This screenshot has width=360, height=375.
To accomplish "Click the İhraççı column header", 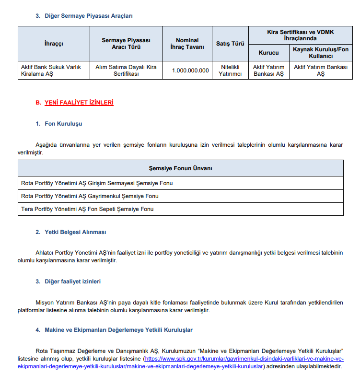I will pos(54,44).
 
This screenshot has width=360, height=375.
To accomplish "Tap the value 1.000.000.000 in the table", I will pos(191,70).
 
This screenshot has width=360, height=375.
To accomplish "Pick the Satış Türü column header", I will pos(230,44).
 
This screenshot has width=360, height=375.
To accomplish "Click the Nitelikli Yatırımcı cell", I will pos(230,70).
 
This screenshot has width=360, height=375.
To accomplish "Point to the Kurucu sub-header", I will pos(268,53).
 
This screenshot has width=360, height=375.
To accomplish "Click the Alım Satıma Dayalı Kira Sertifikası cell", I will pos(126,70).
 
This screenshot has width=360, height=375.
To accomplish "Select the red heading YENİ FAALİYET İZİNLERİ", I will pos(79,103).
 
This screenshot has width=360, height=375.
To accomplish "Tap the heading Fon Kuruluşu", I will pos(63,124).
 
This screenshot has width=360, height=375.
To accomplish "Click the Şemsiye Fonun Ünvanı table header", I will pos(180,168).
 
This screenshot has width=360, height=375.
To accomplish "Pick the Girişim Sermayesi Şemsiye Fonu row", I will pos(97,183).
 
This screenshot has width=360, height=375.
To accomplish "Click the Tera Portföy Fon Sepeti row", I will pos(87,209).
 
